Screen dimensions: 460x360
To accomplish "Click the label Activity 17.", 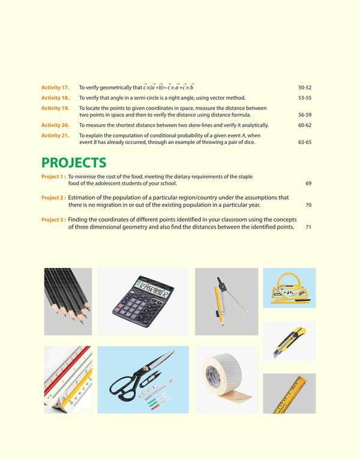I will pyautogui.click(x=55, y=87).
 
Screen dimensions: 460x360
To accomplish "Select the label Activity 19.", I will pyautogui.click(x=55, y=108).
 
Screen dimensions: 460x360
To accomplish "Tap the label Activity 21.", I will pyautogui.click(x=55, y=136).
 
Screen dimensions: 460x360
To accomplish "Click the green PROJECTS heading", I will pyautogui.click(x=74, y=163).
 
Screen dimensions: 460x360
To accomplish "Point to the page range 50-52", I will pyautogui.click(x=305, y=87).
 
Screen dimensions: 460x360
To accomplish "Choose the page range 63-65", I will pyautogui.click(x=305, y=142).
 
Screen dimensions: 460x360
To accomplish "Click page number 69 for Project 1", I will pyautogui.click(x=308, y=182).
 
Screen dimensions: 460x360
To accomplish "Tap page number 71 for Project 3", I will pyautogui.click(x=308, y=227).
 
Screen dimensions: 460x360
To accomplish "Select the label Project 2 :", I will pyautogui.click(x=53, y=197).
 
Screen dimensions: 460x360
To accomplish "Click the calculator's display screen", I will pyautogui.click(x=152, y=292).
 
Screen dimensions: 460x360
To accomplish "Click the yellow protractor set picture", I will pyautogui.click(x=289, y=287).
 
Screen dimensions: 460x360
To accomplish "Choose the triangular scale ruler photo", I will pyautogui.click(x=67, y=379).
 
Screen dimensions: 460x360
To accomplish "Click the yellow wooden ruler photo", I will pyautogui.click(x=289, y=393).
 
